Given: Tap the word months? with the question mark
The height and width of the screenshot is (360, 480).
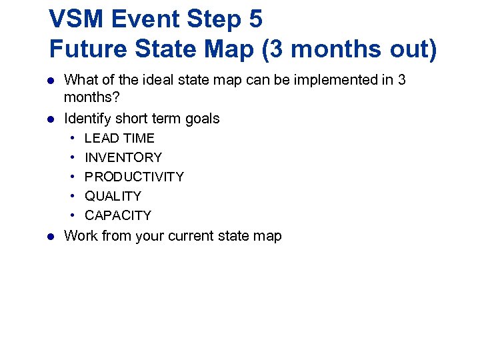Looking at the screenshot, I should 92,97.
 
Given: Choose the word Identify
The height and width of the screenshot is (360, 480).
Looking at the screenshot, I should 87,119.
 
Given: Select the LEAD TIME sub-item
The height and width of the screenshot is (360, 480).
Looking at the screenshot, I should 119,138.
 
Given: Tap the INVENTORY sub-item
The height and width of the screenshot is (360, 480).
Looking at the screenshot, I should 123,157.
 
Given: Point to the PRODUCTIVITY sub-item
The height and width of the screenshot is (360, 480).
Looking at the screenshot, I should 134,177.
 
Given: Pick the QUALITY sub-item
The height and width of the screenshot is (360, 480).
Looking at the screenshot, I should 113,196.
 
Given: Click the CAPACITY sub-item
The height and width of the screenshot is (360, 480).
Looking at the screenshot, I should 118,215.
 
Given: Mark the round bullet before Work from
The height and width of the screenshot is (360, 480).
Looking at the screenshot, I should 49,235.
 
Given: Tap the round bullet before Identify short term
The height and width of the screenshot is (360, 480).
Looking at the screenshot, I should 49,119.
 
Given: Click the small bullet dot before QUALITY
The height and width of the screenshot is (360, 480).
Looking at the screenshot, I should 70,196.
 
